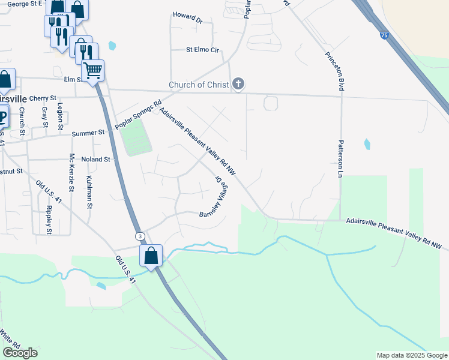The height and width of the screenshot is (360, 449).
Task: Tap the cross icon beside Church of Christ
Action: [x=238, y=85]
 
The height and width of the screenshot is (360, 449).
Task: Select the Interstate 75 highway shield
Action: [x=384, y=37]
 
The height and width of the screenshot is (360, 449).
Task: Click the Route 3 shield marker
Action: [x=139, y=236]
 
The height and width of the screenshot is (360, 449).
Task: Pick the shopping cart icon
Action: [x=93, y=70]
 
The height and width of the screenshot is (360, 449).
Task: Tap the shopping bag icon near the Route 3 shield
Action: [x=151, y=256]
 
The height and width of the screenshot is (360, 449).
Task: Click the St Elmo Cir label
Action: [x=202, y=50]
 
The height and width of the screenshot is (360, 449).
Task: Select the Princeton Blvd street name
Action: [x=334, y=71]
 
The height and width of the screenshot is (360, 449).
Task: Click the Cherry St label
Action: [x=42, y=98]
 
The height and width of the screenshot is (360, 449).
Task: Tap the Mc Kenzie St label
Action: [x=71, y=172]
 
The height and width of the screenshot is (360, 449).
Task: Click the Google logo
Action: [x=20, y=353]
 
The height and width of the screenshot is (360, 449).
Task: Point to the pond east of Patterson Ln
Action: [x=366, y=144]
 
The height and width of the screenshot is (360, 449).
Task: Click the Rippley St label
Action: [x=49, y=220]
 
